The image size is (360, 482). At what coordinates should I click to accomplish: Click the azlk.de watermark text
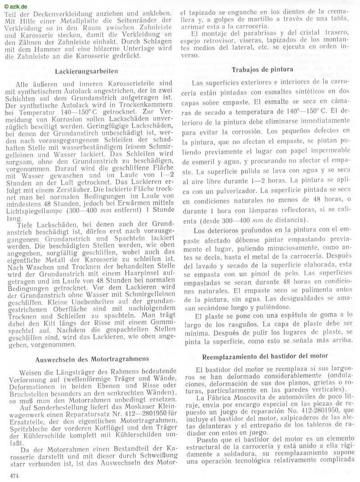[x=14, y=6]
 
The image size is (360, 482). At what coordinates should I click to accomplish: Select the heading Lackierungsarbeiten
[x=86, y=71]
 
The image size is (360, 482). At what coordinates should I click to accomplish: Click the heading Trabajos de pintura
[x=263, y=70]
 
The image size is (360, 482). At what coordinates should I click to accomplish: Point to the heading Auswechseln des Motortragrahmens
[x=92, y=359]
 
